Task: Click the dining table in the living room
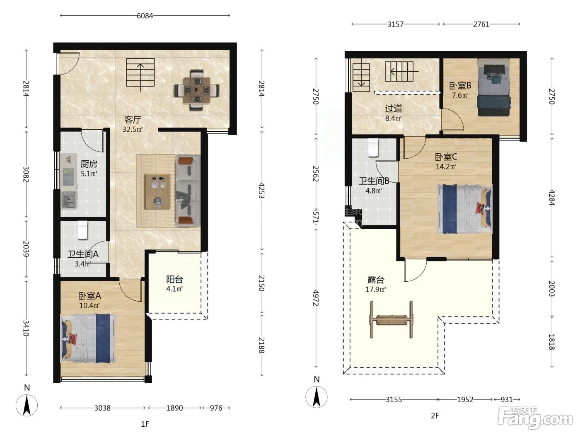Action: click(197, 90)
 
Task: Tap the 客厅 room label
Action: click(133, 120)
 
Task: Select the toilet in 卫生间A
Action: click(82, 230)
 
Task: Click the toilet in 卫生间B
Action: click(373, 147)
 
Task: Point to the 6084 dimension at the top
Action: click(145, 16)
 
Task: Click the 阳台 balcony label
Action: click(174, 279)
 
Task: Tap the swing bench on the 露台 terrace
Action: click(391, 319)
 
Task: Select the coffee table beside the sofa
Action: click(157, 191)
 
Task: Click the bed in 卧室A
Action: click(88, 338)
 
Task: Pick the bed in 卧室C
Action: click(464, 209)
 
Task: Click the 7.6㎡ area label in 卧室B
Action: click(460, 95)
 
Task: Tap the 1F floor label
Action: click(145, 424)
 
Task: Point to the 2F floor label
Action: click(435, 416)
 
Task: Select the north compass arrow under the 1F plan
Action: click(27, 406)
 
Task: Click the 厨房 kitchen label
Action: click(89, 164)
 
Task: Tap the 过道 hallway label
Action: click(394, 109)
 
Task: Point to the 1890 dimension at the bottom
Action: click(174, 408)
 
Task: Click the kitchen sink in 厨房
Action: click(69, 200)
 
